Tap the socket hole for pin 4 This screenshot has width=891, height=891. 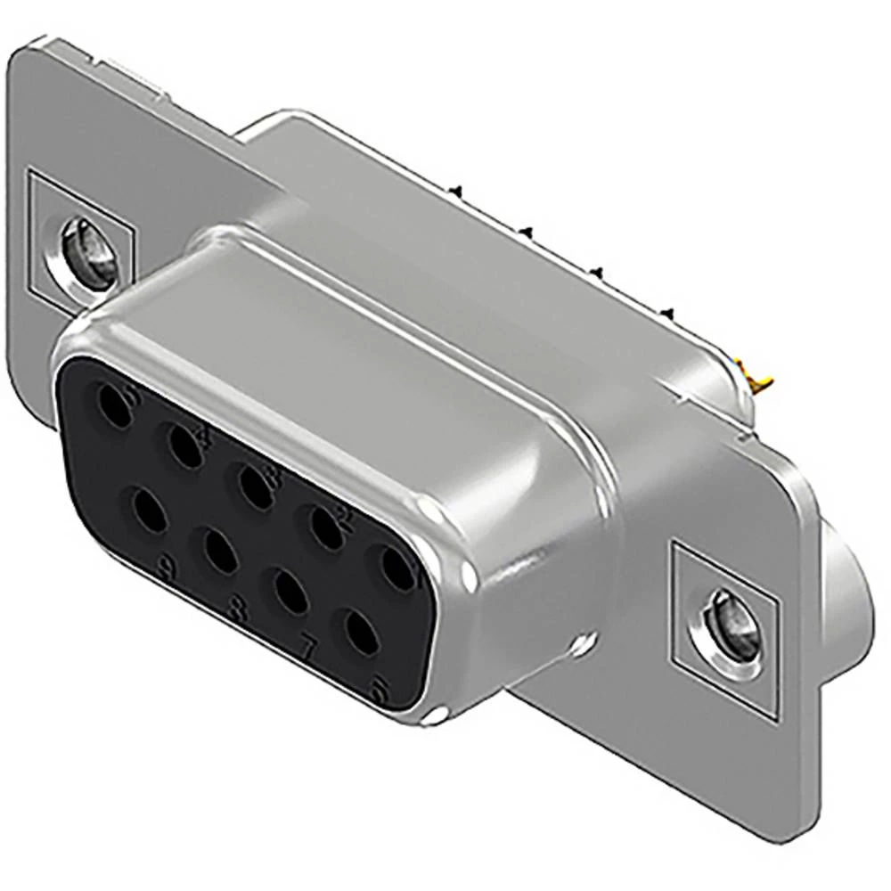[x=184, y=444]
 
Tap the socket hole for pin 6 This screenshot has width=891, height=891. [x=359, y=634]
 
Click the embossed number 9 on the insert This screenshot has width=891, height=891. [x=165, y=565]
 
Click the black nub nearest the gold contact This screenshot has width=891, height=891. [x=666, y=311]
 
